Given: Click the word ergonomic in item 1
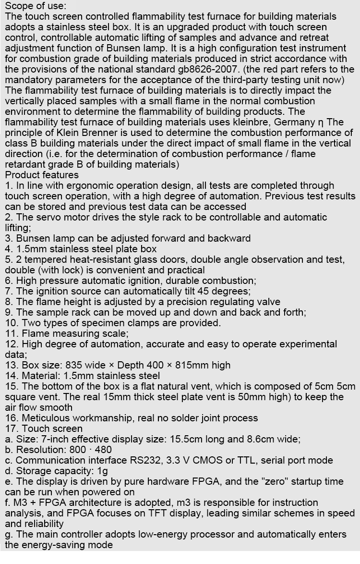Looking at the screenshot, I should [86, 185].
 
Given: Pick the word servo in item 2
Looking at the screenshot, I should [44, 217].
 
